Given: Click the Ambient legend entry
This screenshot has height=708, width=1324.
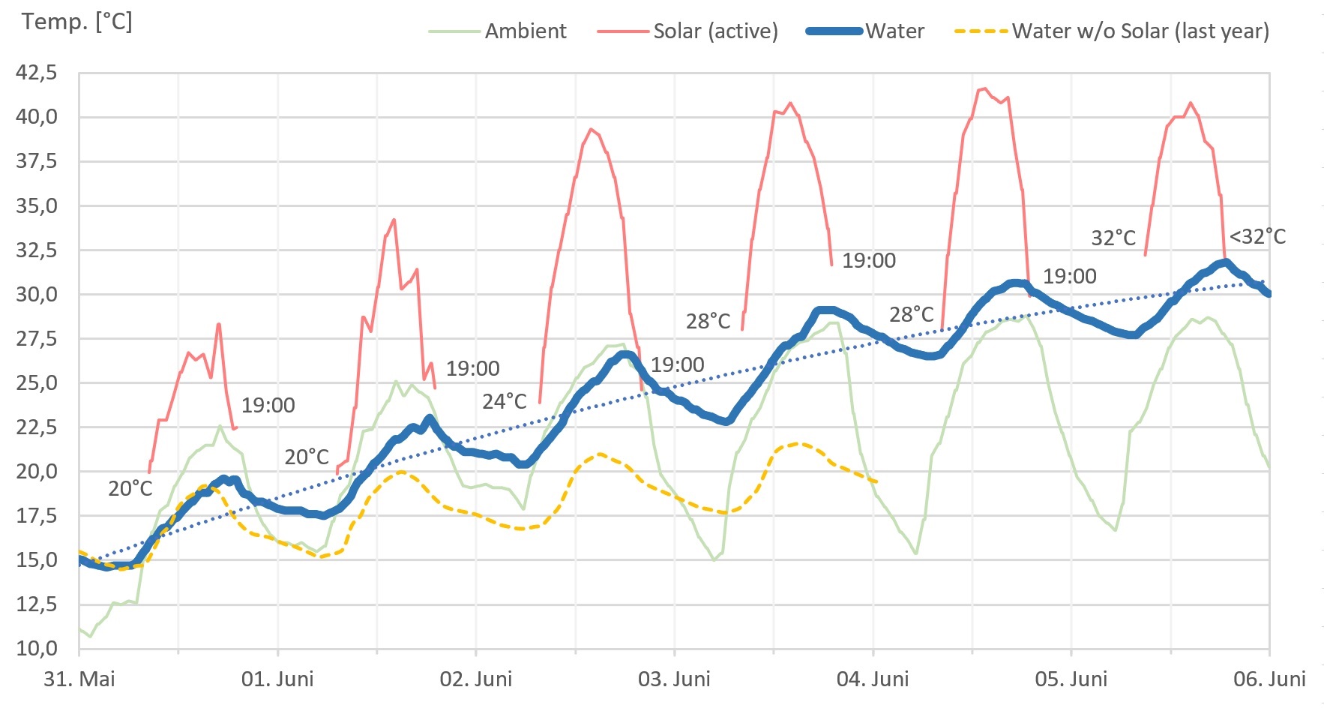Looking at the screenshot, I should point(525,31).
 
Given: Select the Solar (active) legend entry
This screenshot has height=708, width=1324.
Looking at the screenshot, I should point(715,31).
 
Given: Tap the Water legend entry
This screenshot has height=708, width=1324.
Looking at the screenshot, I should point(894,31).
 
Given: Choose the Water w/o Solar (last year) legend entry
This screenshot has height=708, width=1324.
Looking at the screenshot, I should point(1140,31).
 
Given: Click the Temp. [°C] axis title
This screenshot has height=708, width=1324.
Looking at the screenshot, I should point(76,21).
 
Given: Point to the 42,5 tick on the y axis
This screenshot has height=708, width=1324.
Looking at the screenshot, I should point(37,73).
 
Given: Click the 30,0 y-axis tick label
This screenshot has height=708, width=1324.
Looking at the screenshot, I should point(37,294).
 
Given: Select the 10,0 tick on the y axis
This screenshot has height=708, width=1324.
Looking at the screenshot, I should point(37,648).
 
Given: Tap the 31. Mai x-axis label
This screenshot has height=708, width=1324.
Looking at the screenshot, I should point(79,679).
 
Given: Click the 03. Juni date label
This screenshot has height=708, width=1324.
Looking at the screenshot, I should point(674,679).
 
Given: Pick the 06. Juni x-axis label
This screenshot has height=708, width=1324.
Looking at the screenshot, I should point(1269,679).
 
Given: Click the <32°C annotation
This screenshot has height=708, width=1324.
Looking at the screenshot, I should point(1257,237).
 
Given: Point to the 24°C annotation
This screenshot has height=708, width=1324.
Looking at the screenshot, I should point(505,402).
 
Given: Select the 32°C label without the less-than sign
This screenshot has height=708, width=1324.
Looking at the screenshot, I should point(1113,238).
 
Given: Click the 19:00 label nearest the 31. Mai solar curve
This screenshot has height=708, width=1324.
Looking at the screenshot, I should point(268,406).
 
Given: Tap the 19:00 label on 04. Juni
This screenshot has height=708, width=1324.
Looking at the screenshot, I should point(1069,277).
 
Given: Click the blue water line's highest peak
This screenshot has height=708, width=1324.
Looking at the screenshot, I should point(1226,262).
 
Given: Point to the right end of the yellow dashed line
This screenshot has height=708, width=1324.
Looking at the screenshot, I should point(876,481).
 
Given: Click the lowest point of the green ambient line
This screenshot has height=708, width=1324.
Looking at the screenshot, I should point(90,637).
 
